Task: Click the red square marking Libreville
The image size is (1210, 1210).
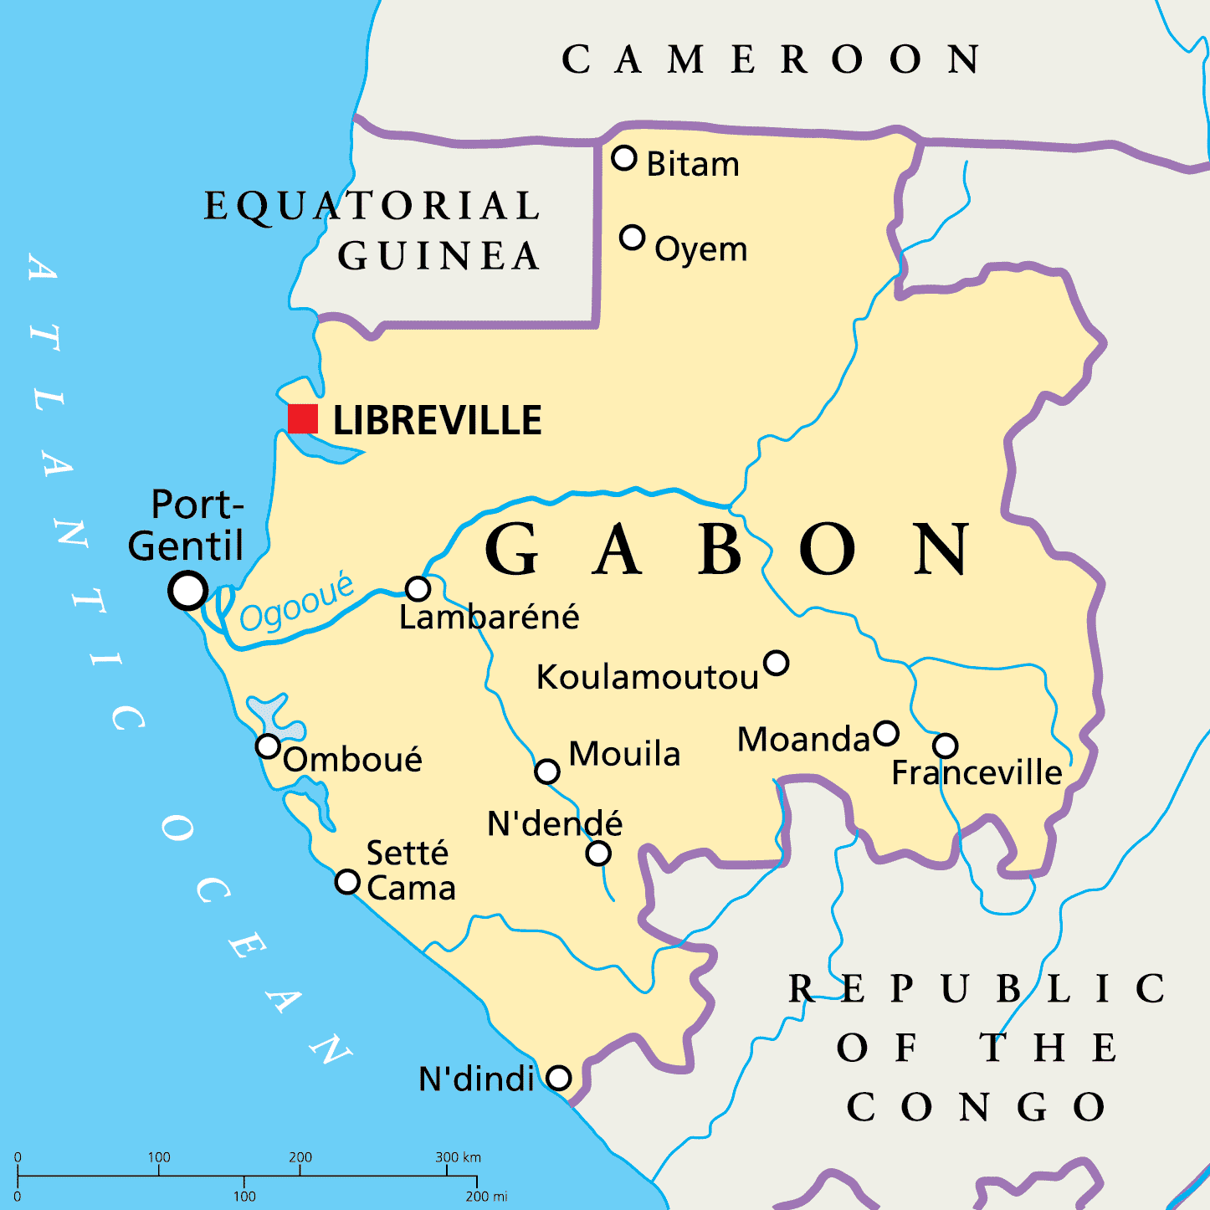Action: [303, 418]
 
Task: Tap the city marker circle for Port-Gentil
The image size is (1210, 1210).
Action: [188, 590]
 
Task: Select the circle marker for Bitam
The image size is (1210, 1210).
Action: [624, 157]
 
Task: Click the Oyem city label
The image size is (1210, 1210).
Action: [700, 249]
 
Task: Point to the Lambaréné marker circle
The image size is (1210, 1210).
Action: [418, 588]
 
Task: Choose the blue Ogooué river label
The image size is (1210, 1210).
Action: [296, 603]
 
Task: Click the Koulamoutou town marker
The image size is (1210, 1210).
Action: [777, 663]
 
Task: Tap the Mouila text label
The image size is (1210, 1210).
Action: [624, 754]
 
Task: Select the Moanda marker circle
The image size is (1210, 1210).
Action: [886, 734]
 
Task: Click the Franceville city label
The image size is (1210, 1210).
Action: [977, 772]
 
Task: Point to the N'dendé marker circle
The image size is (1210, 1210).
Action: [598, 854]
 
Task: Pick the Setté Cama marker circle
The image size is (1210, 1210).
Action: [347, 881]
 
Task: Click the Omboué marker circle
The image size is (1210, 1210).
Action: [268, 746]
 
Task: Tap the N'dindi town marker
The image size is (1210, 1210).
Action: [559, 1078]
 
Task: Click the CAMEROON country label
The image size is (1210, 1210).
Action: [770, 60]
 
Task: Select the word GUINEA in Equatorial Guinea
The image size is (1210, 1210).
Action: [438, 256]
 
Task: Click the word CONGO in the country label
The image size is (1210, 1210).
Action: [976, 1108]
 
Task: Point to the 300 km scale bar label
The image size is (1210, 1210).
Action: [458, 1157]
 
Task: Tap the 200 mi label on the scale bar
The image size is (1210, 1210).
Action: [486, 1197]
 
